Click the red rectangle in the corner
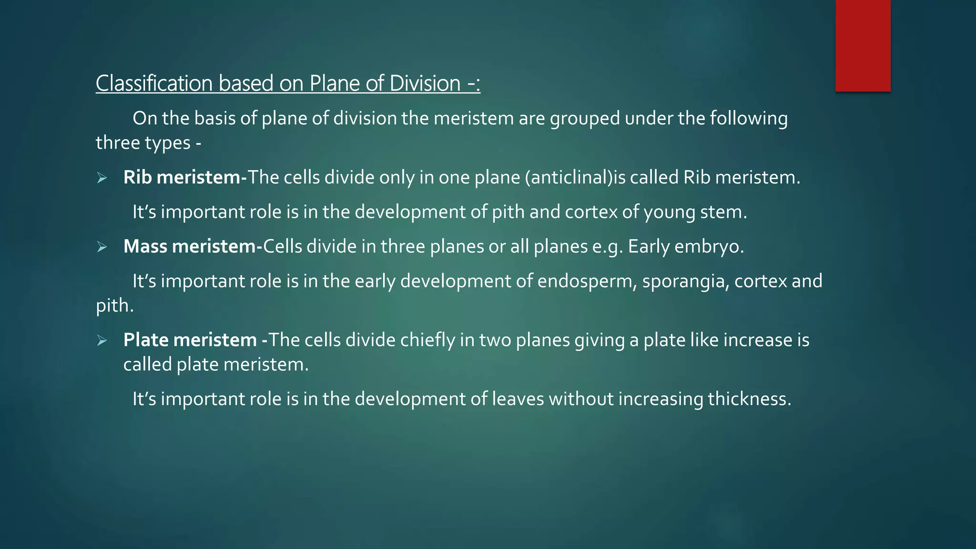[863, 46]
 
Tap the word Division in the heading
[425, 83]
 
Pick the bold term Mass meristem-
[193, 246]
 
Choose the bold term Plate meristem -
[195, 340]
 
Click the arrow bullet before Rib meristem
[102, 178]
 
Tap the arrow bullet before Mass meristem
[102, 247]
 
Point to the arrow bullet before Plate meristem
[102, 340]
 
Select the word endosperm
[587, 281]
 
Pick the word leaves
[518, 399]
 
